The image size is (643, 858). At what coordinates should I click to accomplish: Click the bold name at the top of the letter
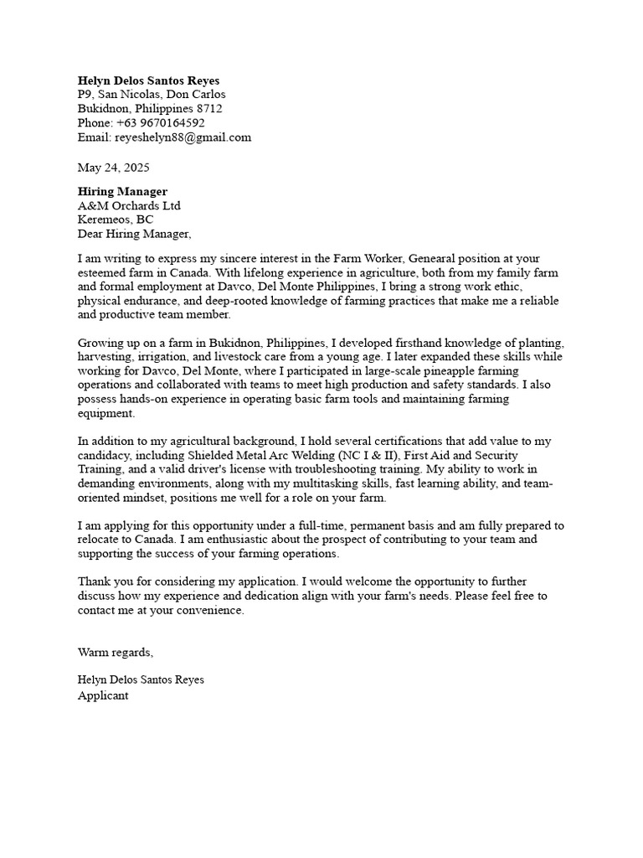point(148,80)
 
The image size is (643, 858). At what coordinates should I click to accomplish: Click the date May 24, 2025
point(114,168)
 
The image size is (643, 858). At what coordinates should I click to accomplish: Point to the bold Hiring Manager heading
point(122,192)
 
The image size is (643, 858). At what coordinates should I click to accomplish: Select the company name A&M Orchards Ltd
point(129,206)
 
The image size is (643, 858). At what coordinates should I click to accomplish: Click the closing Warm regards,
point(116,652)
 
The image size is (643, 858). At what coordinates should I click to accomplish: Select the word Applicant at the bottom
point(103,695)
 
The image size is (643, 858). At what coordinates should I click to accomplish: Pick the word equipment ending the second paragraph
point(105,413)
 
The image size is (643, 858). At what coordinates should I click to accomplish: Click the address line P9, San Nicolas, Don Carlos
point(152,95)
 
